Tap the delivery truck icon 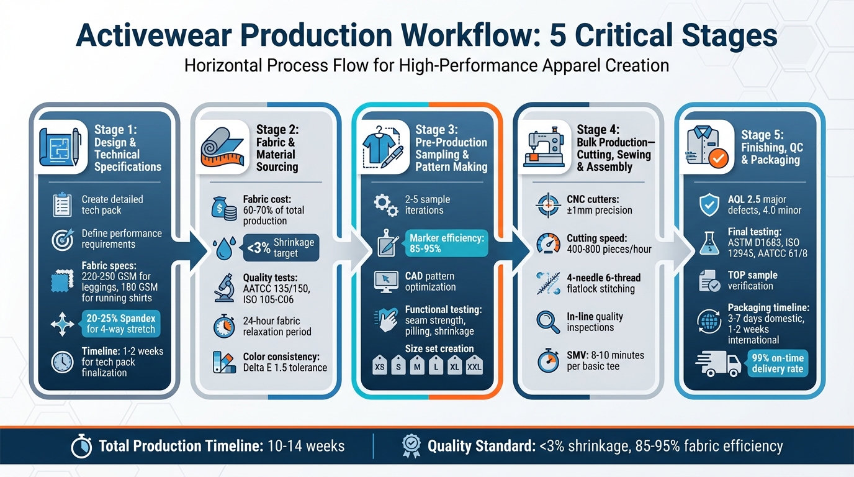coord(719,364)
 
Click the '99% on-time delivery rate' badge coord(777,363)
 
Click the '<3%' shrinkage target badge coord(279,247)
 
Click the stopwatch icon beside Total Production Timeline coord(81,447)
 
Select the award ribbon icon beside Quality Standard coord(411,445)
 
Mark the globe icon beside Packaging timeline coord(708,320)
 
